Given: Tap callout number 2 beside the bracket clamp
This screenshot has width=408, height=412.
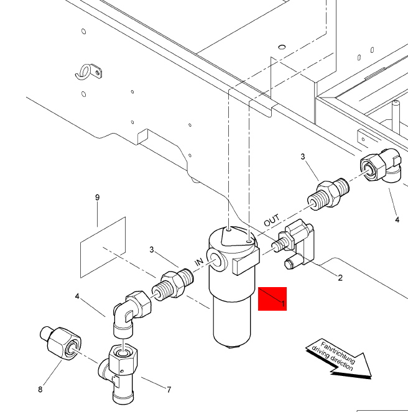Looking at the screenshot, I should coord(340,278).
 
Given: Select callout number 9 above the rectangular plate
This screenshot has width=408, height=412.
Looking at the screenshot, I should coord(97,198).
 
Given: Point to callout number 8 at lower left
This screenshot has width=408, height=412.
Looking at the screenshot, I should coord(40,390).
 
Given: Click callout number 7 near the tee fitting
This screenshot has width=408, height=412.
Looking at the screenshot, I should coord(168,390).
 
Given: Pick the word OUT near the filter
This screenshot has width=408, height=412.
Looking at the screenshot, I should coord(272,221).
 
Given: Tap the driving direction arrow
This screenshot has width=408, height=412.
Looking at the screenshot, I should coord(339,359).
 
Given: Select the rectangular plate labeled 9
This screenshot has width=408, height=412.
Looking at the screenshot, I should coord(103,247).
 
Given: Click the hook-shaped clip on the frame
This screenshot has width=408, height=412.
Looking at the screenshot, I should coord(88,72).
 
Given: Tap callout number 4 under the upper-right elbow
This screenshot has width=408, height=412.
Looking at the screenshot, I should coord(397,219).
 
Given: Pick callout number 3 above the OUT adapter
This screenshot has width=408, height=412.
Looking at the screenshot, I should coord(303,157).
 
